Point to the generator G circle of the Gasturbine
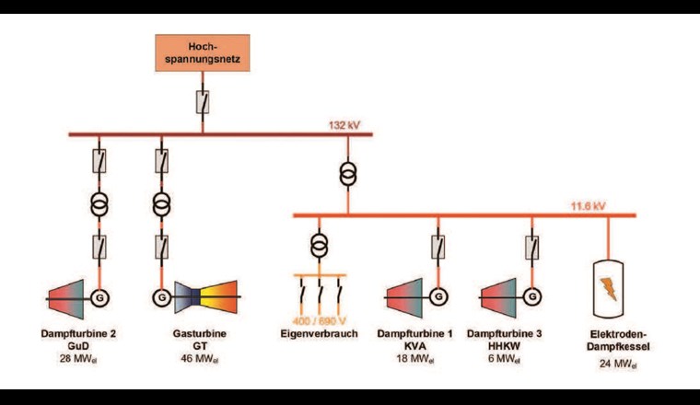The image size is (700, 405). tap(161, 297)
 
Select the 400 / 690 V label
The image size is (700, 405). tap(318, 318)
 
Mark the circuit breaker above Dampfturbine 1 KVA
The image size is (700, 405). tap(438, 247)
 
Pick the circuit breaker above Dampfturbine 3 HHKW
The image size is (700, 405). tap(531, 247)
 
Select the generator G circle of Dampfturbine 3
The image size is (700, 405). tap(531, 297)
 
